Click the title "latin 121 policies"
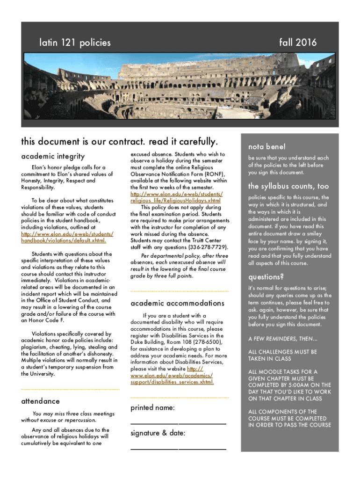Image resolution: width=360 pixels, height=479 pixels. [75, 43]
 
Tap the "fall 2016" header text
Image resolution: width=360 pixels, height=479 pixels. [298, 43]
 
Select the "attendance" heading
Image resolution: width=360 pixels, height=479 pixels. [41, 401]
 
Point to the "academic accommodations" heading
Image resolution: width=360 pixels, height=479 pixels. [177, 303]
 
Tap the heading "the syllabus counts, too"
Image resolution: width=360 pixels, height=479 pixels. [288, 186]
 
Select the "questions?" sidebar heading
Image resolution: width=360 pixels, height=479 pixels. [266, 276]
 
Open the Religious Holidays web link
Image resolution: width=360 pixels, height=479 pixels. [177, 197]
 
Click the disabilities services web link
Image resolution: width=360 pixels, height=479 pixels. [172, 378]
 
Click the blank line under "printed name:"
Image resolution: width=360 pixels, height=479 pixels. [178, 423]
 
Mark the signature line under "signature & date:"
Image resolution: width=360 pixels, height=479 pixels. [178, 449]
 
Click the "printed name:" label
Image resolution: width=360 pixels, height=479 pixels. [153, 408]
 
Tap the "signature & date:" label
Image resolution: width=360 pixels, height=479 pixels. [158, 433]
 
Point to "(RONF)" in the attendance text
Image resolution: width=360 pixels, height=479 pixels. [215, 174]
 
